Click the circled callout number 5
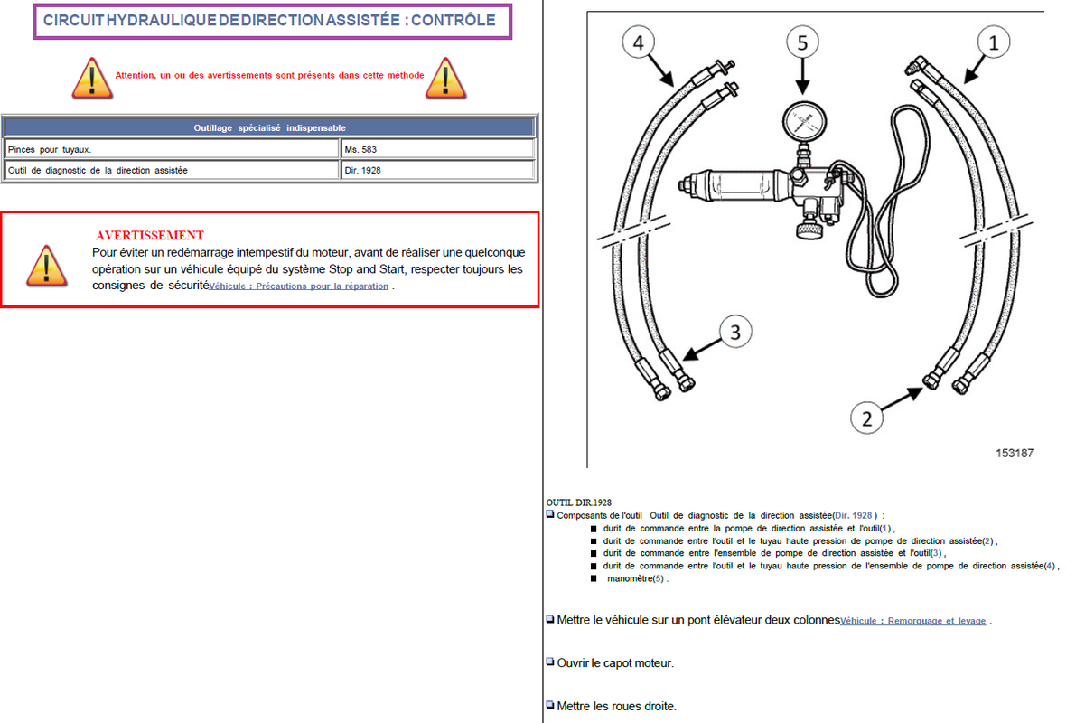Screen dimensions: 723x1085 (x=802, y=42)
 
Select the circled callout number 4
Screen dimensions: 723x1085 (x=639, y=42)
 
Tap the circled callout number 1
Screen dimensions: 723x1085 (x=994, y=42)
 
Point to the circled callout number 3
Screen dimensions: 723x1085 (x=735, y=333)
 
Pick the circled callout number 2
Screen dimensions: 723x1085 (x=867, y=418)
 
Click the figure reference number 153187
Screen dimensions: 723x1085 (x=1015, y=453)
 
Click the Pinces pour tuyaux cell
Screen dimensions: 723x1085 (x=172, y=149)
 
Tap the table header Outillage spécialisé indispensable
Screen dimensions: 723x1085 (x=269, y=127)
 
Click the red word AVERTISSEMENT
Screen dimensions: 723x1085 (x=150, y=236)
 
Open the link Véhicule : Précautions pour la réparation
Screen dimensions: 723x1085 (x=299, y=286)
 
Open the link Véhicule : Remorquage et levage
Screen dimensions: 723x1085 (x=913, y=621)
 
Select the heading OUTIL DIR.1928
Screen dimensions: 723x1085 (x=579, y=502)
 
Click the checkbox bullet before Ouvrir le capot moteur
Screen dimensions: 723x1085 (x=550, y=662)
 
